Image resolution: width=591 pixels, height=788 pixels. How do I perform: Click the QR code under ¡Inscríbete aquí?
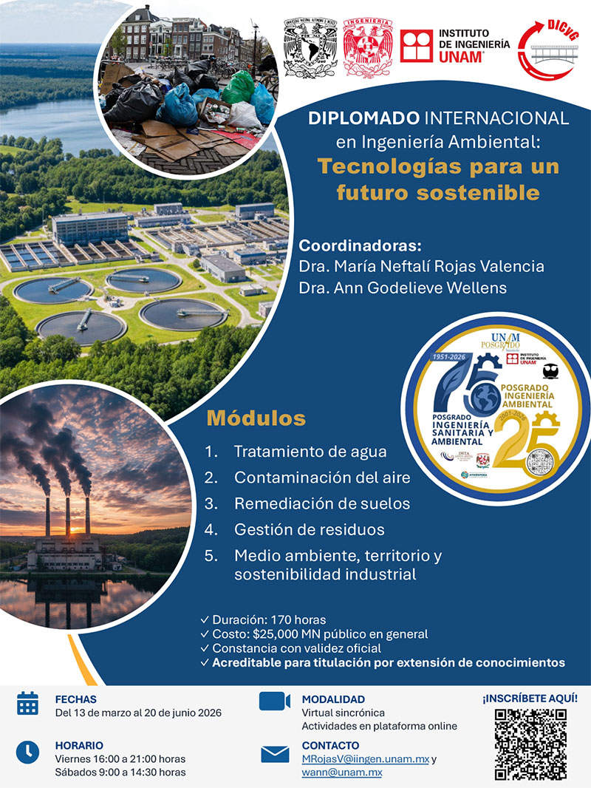[x=530, y=744]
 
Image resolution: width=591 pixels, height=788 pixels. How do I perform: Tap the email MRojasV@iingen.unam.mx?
[x=365, y=759]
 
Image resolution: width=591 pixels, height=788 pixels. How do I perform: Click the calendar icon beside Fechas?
[x=27, y=703]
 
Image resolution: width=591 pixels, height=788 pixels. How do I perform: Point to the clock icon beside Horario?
[x=27, y=752]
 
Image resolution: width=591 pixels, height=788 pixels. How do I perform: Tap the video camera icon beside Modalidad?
[x=274, y=701]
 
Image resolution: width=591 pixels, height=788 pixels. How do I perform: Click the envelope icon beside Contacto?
[x=275, y=754]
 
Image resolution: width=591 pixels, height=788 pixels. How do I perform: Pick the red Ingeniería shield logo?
[x=367, y=47]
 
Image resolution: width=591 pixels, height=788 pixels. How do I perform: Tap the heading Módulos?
[x=256, y=418]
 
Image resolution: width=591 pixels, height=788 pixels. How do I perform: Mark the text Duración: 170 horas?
[x=269, y=619]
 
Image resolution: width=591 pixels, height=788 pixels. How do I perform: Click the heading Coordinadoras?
[x=360, y=245]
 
